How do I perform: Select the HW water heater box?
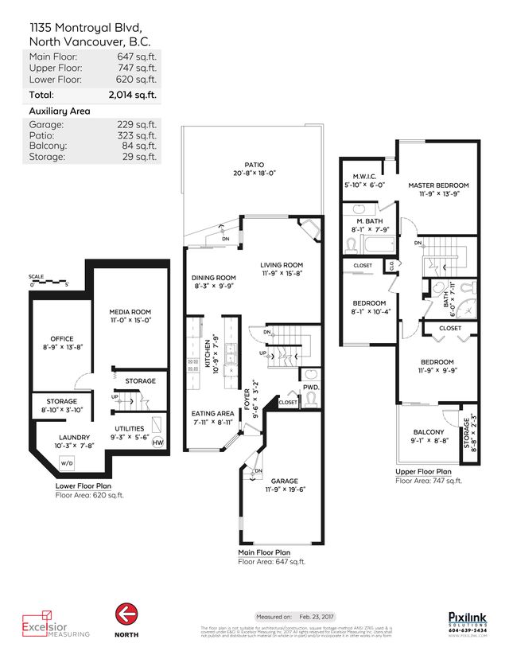pyautogui.click(x=157, y=443)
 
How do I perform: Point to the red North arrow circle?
pyautogui.click(x=125, y=614)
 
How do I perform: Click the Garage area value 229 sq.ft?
pyautogui.click(x=141, y=125)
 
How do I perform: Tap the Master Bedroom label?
pyautogui.click(x=438, y=185)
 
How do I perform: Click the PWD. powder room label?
pyautogui.click(x=311, y=388)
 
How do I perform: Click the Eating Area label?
pyautogui.click(x=212, y=413)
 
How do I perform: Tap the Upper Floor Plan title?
pyautogui.click(x=423, y=472)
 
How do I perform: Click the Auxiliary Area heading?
pyautogui.click(x=60, y=111)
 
